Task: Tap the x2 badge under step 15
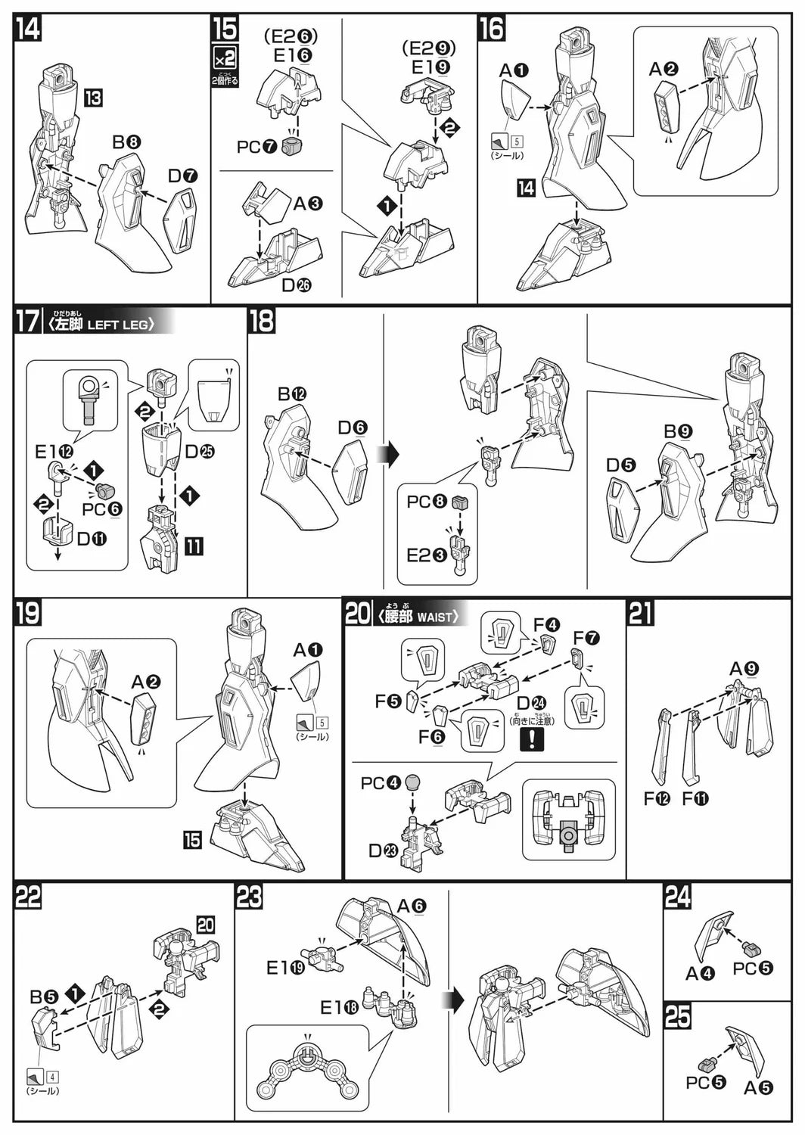pos(225,58)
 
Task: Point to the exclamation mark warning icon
pos(532,738)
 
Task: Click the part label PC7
pos(257,147)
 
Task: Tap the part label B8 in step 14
pos(126,141)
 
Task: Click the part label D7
pos(183,176)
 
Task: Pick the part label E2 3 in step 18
pos(426,555)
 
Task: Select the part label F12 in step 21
pos(657,798)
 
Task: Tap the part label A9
pos(744,669)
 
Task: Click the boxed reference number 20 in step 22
pos(205,924)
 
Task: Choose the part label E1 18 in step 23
pos(340,1007)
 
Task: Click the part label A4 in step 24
pos(700,973)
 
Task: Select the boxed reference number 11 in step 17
pos(194,545)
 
